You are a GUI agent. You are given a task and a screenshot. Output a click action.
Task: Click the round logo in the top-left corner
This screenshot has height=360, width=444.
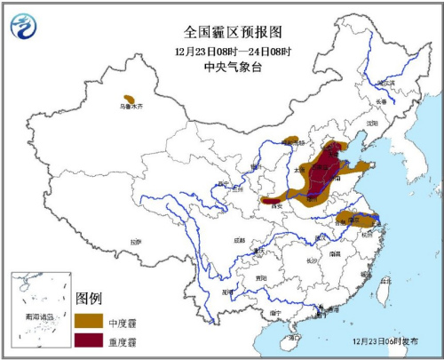pyautogui.click(x=24, y=29)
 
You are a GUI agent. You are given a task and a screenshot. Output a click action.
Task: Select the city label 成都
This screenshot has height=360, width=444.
pyautogui.click(x=240, y=240)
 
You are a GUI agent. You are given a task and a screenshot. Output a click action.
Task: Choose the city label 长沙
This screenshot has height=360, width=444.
pyautogui.click(x=312, y=260)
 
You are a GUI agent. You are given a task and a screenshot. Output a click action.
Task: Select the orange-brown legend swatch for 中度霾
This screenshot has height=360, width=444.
pyautogui.click(x=90, y=319)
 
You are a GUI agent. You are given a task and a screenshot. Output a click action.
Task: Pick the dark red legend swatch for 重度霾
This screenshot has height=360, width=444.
pyautogui.click(x=90, y=339)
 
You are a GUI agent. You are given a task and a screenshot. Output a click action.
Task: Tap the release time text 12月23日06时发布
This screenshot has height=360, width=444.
pyautogui.click(x=383, y=340)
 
